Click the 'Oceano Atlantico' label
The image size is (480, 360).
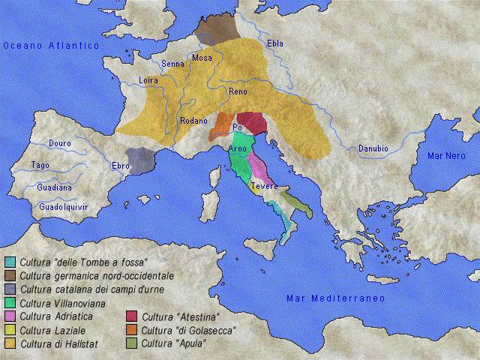pos(51,46)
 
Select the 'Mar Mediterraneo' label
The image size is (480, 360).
pos(335,298)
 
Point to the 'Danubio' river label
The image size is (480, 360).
pos(373,148)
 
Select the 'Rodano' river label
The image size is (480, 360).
pos(193,120)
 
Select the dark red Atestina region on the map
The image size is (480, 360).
pos(251,122)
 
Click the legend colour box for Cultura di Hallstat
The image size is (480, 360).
pos(10,344)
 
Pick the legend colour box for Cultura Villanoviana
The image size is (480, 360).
pos(10,304)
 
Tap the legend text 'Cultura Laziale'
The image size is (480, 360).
pos(52,331)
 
